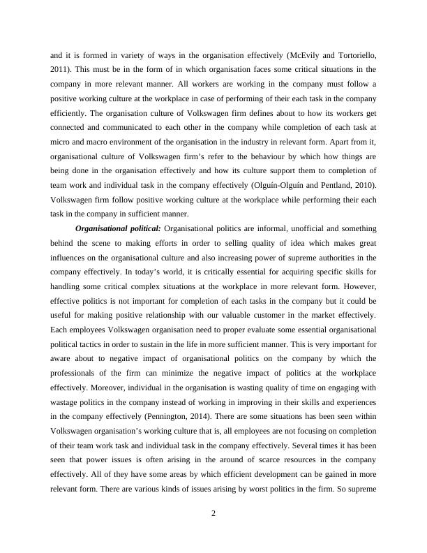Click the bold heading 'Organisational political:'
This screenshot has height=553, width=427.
point(118,228)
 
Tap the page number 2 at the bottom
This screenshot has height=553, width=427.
point(213,515)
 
